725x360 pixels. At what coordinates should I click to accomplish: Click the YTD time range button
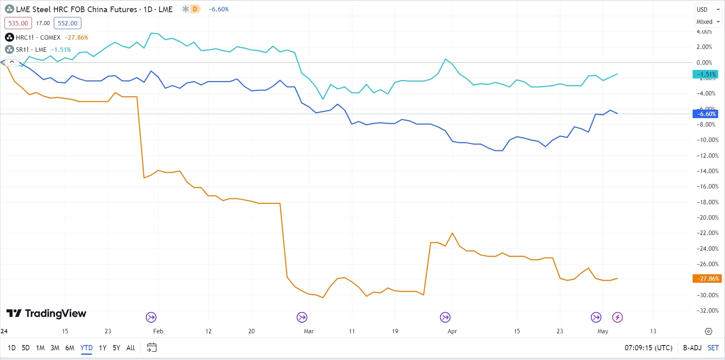click(x=86, y=348)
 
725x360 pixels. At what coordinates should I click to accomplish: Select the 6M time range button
click(x=70, y=348)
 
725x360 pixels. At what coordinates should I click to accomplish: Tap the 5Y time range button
click(x=116, y=348)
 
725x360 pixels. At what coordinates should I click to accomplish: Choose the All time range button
click(x=130, y=348)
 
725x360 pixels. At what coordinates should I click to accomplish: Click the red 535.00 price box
click(x=18, y=23)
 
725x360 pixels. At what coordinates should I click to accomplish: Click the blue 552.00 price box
click(x=68, y=23)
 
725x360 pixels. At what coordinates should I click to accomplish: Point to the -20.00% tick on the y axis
click(x=707, y=218)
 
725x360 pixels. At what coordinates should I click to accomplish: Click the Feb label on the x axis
click(x=158, y=331)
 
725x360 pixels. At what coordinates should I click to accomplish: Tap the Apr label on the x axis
click(x=452, y=331)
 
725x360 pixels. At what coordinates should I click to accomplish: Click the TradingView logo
click(x=47, y=313)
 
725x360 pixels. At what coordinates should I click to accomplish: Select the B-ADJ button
click(x=692, y=348)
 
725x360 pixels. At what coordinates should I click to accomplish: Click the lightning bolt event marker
click(x=617, y=318)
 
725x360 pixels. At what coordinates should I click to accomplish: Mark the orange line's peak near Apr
click(x=452, y=233)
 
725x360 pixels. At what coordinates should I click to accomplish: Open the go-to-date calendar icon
click(x=152, y=347)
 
